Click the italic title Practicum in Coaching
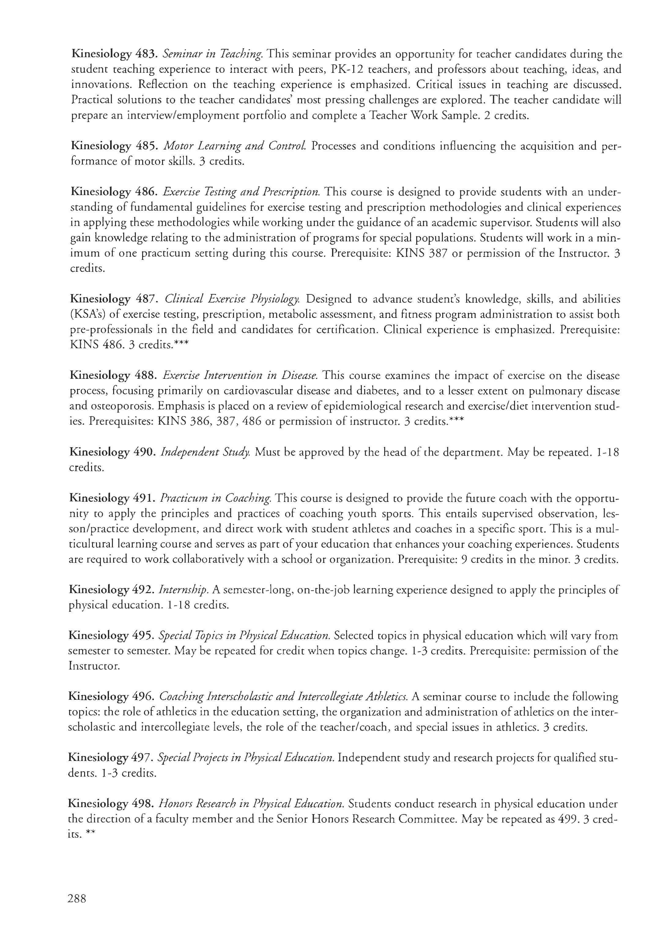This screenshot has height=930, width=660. click(x=216, y=498)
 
